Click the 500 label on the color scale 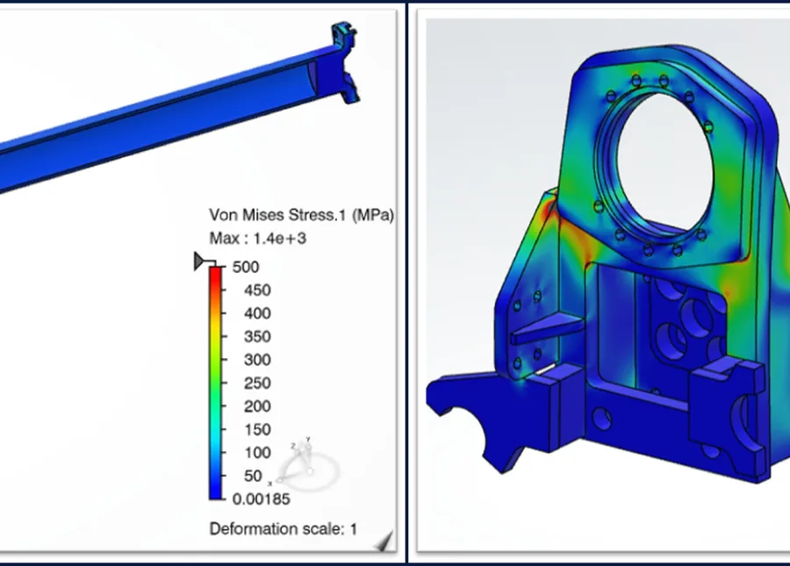pos(246,267)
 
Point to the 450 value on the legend pos(257,290)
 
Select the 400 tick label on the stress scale pos(257,313)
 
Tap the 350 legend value pos(257,336)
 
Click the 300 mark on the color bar pos(257,360)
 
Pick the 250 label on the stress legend pos(257,383)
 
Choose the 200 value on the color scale pos(257,406)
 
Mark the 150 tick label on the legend pos(257,429)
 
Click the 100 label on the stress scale pos(257,452)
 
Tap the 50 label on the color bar pos(253,476)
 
